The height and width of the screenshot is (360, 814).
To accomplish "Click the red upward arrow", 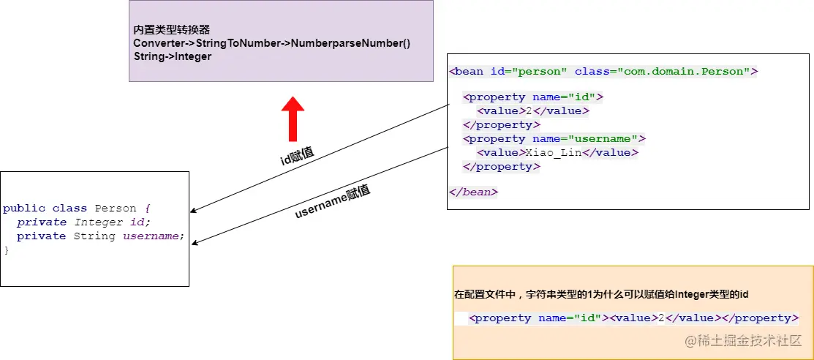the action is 293,119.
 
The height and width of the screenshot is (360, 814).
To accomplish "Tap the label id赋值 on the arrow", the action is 298,155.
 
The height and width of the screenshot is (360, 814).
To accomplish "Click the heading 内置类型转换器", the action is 172,30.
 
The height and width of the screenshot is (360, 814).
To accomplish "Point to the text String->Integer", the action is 173,56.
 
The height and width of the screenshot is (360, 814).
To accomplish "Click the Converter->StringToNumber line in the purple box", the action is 272,44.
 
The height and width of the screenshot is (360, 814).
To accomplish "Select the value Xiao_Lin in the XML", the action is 554,153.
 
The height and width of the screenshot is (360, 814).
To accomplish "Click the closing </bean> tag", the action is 473,192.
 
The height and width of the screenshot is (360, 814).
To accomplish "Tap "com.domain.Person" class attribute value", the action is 681,72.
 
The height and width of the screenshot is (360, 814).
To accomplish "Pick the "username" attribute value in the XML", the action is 603,139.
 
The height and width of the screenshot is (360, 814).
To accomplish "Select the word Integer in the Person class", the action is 94,222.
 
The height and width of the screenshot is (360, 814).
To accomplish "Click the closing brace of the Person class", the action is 7,250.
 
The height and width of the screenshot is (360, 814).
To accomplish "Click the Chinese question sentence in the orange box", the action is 601,295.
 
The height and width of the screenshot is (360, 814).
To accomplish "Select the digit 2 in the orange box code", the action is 661,318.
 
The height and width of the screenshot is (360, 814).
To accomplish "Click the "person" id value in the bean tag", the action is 540,72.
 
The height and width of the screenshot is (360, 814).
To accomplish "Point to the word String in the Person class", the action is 94,236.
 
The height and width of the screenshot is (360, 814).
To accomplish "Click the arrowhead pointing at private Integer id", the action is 193,211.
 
